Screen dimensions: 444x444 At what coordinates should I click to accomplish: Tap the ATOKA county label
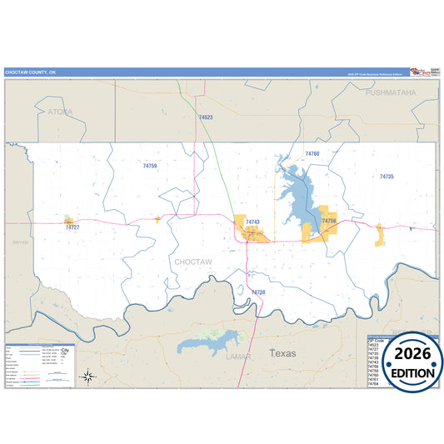point(60,111)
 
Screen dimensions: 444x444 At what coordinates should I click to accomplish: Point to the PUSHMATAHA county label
point(389,92)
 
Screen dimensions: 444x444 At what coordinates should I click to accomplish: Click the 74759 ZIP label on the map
point(150,167)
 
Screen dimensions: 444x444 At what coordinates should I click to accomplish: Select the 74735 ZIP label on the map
point(387,177)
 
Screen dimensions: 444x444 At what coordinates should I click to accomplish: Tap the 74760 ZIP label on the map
point(312,154)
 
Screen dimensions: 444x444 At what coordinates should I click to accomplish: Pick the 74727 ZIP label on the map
point(72,227)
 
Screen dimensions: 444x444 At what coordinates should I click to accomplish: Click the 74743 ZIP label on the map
point(253,222)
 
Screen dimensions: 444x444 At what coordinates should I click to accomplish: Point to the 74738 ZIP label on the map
point(257,292)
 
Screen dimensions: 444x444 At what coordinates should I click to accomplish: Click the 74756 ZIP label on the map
point(329,221)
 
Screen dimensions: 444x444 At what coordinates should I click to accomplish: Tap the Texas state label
point(282,353)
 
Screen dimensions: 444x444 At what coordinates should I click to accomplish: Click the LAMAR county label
point(238,356)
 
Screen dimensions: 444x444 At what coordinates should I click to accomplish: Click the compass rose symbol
point(88,377)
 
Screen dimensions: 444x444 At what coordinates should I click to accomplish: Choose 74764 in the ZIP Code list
point(376,383)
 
